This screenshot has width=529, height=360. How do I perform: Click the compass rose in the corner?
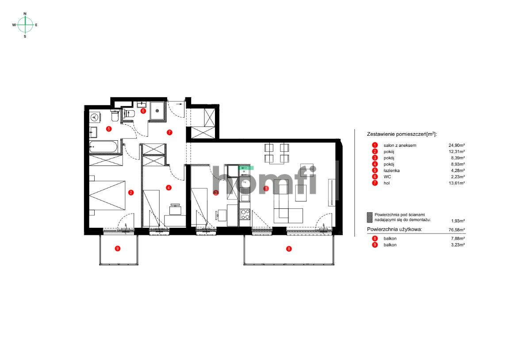(25, 25)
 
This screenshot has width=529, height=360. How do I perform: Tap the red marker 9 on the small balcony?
(117, 249)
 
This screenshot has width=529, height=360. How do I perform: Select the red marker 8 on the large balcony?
(289, 249)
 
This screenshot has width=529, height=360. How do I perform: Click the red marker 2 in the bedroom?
(131, 192)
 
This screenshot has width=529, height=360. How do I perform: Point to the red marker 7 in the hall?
(169, 132)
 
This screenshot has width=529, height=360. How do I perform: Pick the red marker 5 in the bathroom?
(108, 129)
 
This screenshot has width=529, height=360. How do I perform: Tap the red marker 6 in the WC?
(143, 111)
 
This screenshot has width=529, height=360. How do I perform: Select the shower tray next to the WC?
(156, 111)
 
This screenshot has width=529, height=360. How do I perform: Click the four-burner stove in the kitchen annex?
(245, 214)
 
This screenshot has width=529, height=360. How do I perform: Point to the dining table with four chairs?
(277, 153)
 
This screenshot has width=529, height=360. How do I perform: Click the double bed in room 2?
(107, 195)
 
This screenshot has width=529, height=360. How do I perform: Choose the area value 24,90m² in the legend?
(456, 145)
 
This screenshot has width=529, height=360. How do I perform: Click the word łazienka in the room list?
(392, 170)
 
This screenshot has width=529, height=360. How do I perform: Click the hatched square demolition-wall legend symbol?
(370, 217)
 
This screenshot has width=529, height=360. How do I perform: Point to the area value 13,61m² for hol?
(456, 183)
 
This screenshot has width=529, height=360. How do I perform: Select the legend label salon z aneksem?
(400, 145)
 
